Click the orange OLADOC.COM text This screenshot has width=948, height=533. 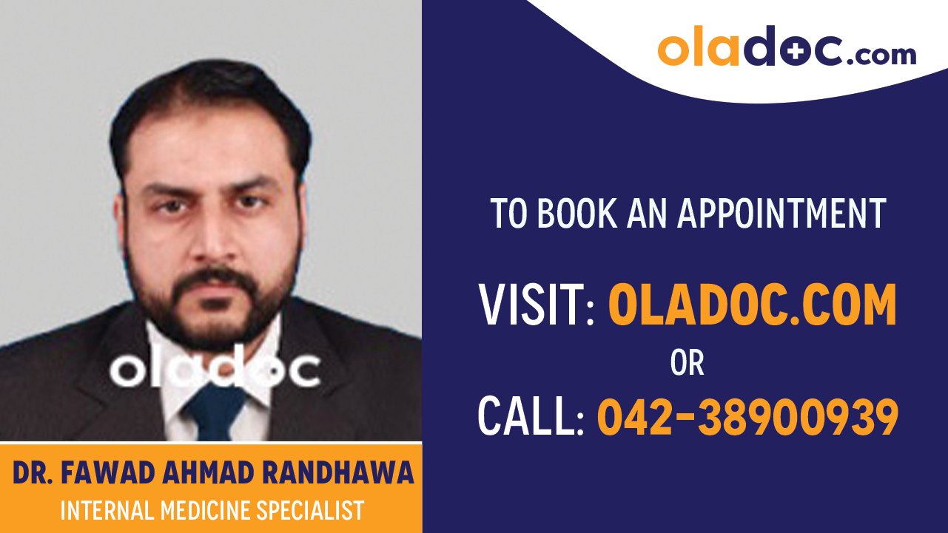pos(752,305)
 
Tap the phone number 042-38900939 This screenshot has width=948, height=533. pos(747,416)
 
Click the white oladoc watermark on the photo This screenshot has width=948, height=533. pos(214,370)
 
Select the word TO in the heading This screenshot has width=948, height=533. pos(509,213)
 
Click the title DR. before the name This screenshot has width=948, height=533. pos(32,473)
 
